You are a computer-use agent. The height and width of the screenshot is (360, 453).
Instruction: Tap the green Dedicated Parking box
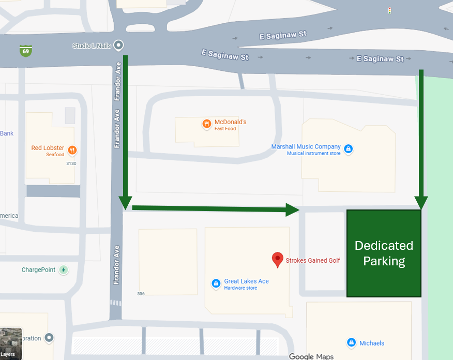(x=384, y=253)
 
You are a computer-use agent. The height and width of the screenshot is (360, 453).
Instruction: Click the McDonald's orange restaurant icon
(x=206, y=124)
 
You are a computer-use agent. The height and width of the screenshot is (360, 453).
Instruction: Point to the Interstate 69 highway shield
(x=25, y=51)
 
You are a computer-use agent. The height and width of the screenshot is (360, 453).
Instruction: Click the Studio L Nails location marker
(x=119, y=46)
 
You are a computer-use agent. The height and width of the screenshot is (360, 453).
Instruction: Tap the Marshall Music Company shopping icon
(x=349, y=149)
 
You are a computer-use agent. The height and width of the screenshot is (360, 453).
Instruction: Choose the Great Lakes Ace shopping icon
(x=216, y=283)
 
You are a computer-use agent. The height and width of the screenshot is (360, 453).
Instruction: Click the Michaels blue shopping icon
(x=351, y=342)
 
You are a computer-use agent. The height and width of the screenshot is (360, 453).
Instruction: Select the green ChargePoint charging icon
(x=63, y=269)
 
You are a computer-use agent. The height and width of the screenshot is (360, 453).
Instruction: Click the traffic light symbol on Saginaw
(x=389, y=10)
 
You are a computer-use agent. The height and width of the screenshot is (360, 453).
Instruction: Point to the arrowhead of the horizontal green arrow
(x=293, y=209)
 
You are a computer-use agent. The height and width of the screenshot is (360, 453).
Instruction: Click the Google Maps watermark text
(x=311, y=356)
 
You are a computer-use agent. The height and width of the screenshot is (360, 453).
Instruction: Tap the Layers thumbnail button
(x=11, y=343)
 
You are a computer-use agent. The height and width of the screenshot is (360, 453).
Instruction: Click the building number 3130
(x=71, y=163)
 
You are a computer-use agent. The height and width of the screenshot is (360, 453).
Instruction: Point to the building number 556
(x=141, y=294)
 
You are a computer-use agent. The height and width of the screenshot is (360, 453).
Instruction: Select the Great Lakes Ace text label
(x=246, y=281)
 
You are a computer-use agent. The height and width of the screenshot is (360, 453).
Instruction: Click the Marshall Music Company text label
(x=306, y=147)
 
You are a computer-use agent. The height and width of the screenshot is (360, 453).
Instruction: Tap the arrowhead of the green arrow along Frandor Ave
(x=125, y=203)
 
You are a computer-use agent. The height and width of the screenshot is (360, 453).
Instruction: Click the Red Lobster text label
(x=48, y=148)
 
